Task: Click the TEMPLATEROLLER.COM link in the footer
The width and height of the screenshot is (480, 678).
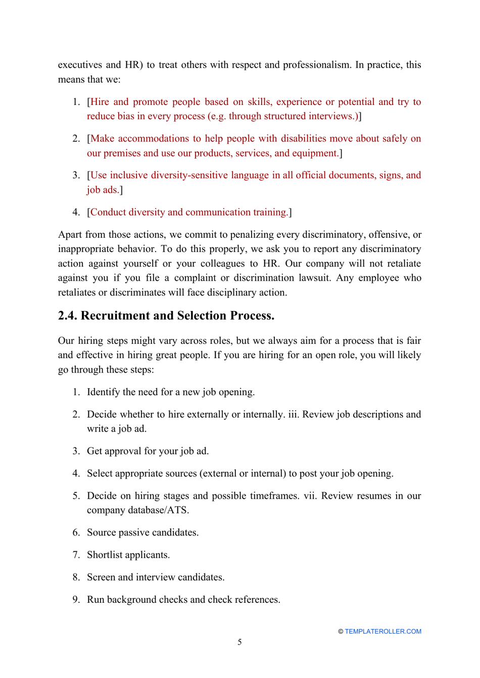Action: coord(382,632)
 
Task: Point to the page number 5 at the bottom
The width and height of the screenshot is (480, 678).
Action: coord(239,642)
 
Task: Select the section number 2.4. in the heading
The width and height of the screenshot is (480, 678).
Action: coord(68,316)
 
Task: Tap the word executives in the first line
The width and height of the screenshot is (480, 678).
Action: coord(80,65)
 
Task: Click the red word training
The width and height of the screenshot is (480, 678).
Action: coord(271,212)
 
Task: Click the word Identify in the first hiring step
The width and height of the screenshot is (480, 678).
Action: coord(103,392)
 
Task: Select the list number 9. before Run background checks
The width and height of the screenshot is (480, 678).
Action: coord(76,600)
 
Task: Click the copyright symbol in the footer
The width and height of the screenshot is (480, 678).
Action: coord(341,632)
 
